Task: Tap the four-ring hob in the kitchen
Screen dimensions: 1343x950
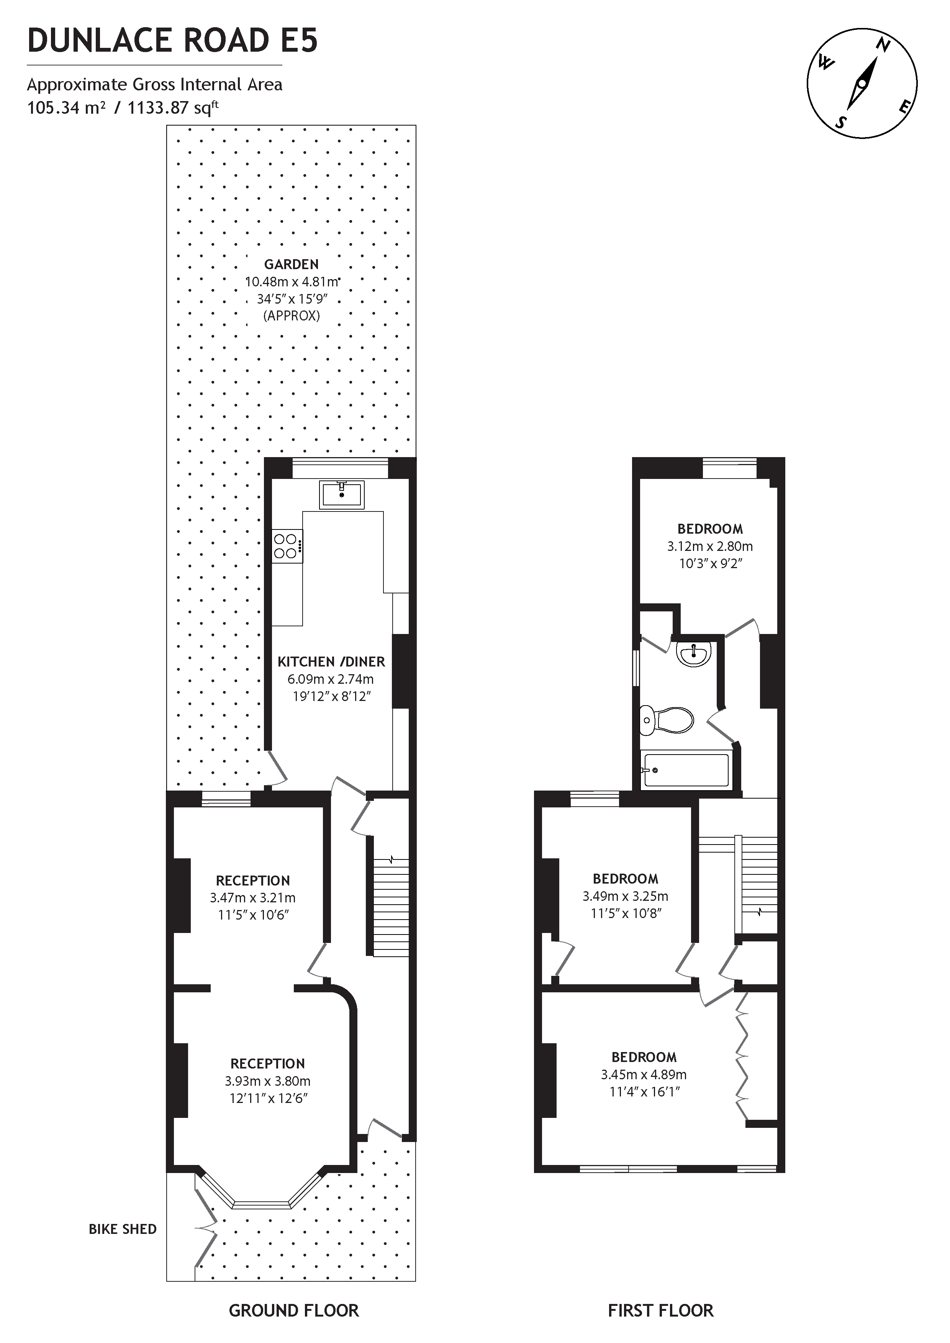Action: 287,546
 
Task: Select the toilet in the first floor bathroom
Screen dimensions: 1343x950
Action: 667,720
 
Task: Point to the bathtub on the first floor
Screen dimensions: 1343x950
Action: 685,770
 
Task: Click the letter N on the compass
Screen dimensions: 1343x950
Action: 884,45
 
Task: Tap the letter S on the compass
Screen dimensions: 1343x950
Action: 841,122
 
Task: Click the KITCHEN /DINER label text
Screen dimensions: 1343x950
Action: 331,662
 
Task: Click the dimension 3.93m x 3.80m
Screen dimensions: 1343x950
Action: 267,1081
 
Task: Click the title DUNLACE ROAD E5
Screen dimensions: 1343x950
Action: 173,41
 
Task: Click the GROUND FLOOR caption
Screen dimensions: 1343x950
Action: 294,1311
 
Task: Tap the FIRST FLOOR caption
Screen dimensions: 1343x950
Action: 661,1311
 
